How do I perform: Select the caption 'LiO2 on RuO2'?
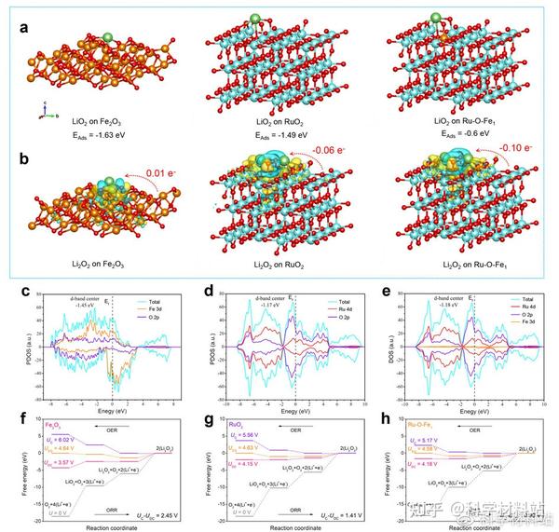270,121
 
